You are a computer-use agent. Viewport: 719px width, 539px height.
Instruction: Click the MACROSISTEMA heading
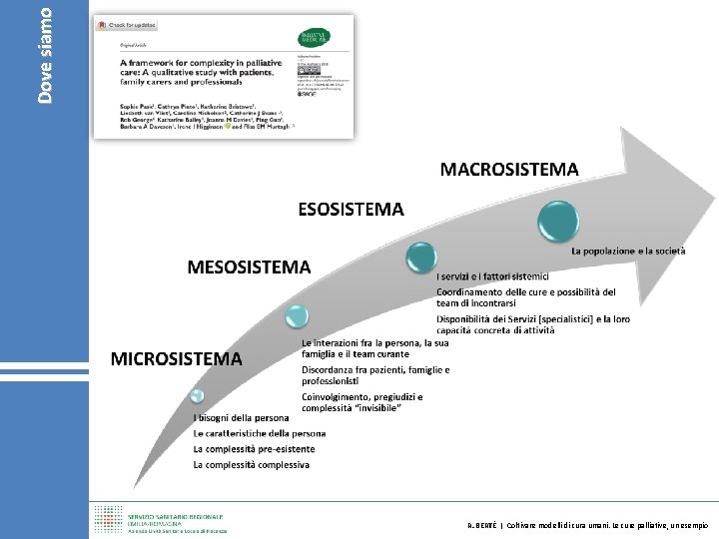[509, 169]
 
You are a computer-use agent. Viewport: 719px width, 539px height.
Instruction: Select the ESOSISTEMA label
[351, 210]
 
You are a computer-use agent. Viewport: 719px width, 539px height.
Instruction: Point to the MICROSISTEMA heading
[176, 357]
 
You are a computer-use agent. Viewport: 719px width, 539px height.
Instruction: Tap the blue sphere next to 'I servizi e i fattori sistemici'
[420, 258]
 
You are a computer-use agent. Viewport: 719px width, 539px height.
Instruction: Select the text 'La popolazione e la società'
[628, 252]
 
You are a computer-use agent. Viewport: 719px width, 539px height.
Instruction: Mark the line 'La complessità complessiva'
[251, 464]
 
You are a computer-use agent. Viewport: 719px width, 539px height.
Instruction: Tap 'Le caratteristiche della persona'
[260, 433]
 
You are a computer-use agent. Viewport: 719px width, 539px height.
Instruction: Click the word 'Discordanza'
[328, 369]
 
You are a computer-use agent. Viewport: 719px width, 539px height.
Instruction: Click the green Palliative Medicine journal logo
[319, 38]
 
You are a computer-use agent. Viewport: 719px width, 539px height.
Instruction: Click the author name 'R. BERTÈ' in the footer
[485, 525]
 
